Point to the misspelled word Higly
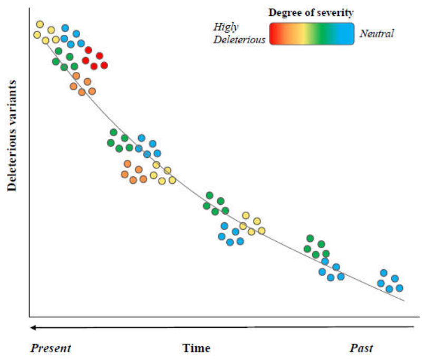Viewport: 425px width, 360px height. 226,27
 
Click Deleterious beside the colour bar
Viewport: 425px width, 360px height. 239,40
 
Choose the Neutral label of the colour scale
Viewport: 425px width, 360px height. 377,33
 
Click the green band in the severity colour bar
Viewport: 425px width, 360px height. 324,34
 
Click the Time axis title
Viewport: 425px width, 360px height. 196,348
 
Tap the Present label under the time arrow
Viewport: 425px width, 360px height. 51,348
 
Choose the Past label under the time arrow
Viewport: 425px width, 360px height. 361,348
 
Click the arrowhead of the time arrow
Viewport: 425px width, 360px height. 33,327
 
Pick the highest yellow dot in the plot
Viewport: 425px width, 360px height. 40,24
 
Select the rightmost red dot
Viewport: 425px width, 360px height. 104,65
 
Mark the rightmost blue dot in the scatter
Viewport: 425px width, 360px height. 400,288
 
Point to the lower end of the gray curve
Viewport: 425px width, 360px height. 404,300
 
